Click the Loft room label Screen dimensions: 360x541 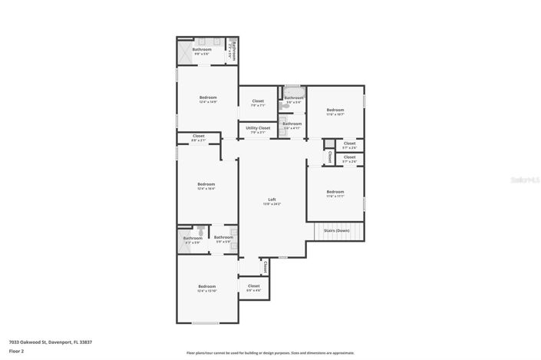[x=272, y=201]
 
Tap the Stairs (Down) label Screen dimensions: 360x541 [x=336, y=230]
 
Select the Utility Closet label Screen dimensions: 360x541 [x=258, y=130]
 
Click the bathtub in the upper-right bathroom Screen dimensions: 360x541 [x=293, y=89]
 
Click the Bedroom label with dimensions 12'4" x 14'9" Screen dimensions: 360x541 [x=207, y=99]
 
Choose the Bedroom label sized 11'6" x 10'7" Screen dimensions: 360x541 [x=335, y=111]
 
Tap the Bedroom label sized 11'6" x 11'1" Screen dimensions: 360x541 [x=335, y=193]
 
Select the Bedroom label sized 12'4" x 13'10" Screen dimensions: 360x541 [x=207, y=288]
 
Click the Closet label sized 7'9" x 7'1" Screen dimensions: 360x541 [x=258, y=103]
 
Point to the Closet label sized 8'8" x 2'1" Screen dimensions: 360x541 [x=198, y=137]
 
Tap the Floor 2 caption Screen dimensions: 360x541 [x=16, y=351]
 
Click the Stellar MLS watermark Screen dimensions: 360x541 [x=526, y=180]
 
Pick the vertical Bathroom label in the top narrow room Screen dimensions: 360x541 [x=233, y=51]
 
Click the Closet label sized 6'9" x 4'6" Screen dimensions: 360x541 [x=253, y=287]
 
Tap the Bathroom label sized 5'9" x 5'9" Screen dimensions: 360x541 [x=223, y=239]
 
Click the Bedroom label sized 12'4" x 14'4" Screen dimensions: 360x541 [x=206, y=186]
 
